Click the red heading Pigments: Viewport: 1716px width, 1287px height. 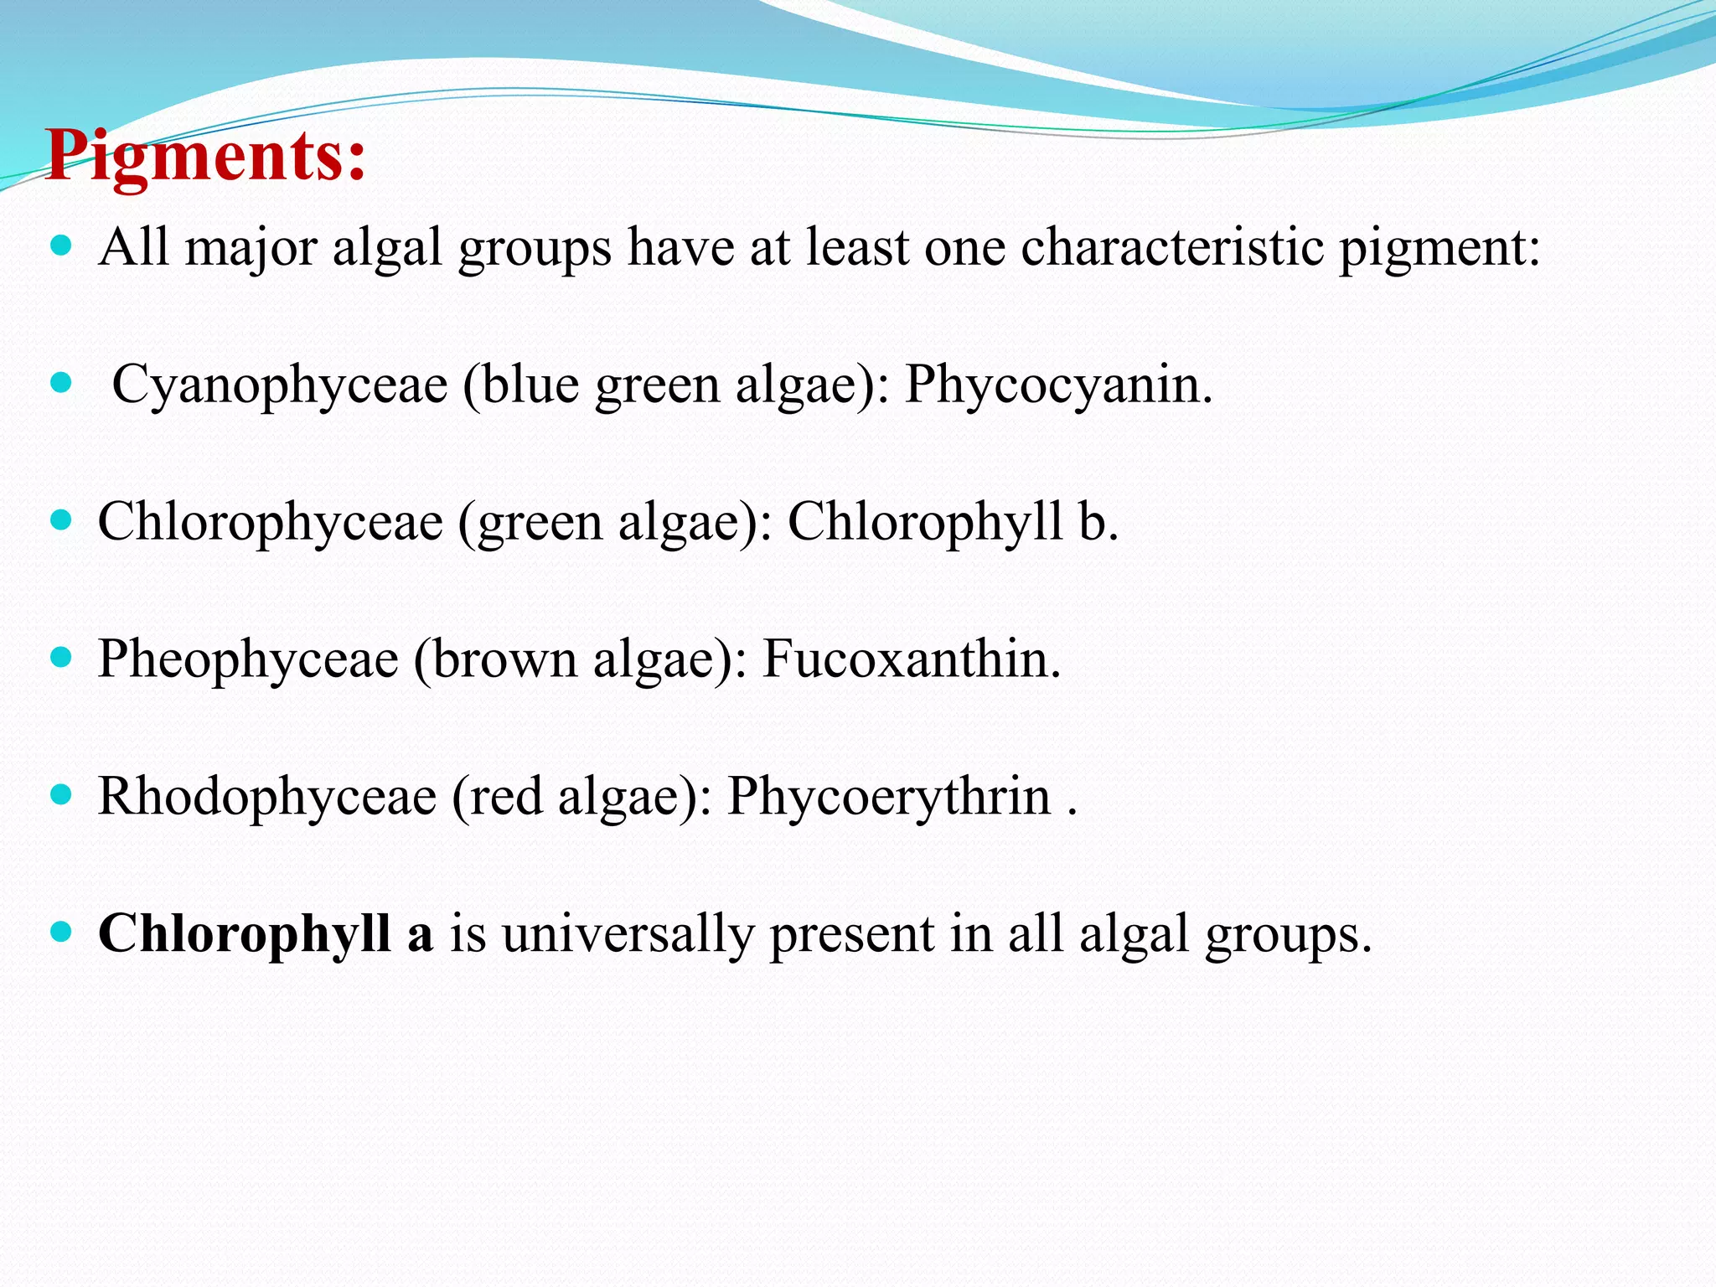(x=206, y=156)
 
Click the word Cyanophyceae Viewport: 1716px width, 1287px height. (x=280, y=385)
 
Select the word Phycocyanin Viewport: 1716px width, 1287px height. (x=1057, y=385)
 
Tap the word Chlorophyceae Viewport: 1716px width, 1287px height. (x=270, y=522)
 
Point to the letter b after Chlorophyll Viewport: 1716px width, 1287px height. (x=1093, y=522)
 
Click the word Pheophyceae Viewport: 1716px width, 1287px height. (x=248, y=659)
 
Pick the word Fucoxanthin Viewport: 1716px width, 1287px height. (x=911, y=659)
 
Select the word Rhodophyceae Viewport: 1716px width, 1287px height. (x=267, y=796)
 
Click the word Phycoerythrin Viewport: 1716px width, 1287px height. (x=888, y=796)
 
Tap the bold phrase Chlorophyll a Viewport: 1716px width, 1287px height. (x=266, y=933)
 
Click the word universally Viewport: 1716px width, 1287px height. (x=628, y=933)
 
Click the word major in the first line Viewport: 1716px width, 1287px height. (x=251, y=250)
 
